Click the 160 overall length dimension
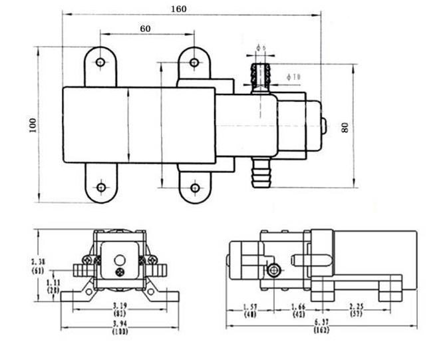coord(179,9)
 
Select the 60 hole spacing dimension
coord(146,28)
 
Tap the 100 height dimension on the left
coord(33,125)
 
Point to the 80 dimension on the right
coord(345,126)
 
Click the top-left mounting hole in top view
coord(100,63)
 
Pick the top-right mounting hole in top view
coord(194,63)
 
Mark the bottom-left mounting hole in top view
coord(100,187)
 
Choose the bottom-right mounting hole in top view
coord(194,187)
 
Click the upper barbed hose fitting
coord(260,76)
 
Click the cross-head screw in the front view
coord(120,273)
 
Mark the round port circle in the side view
coord(273,270)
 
